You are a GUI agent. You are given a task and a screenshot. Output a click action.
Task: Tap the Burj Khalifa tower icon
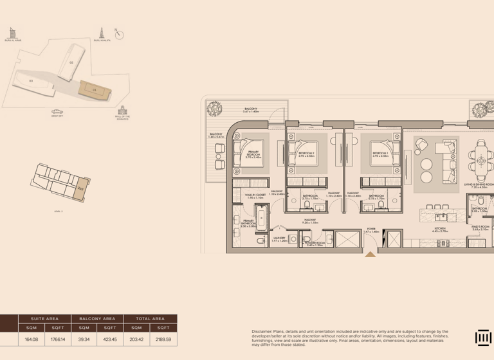(x=101, y=32)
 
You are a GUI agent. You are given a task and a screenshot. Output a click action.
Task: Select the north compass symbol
(x=119, y=35)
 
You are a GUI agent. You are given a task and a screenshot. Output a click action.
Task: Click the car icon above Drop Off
(x=58, y=111)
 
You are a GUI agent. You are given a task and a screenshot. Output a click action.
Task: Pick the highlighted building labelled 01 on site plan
(x=93, y=89)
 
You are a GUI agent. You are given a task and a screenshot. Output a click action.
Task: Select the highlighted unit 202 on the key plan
(x=80, y=189)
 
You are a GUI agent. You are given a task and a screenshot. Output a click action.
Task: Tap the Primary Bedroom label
(x=253, y=154)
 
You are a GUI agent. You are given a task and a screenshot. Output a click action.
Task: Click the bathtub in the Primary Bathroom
(x=262, y=218)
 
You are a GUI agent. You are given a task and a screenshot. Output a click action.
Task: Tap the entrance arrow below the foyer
(x=370, y=255)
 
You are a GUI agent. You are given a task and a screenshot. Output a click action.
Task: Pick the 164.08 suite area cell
(x=32, y=339)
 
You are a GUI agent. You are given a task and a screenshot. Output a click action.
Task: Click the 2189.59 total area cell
(x=163, y=339)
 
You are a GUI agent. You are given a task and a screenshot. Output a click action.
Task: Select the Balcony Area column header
(x=97, y=318)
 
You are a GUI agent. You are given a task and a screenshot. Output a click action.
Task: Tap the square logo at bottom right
(x=483, y=338)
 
